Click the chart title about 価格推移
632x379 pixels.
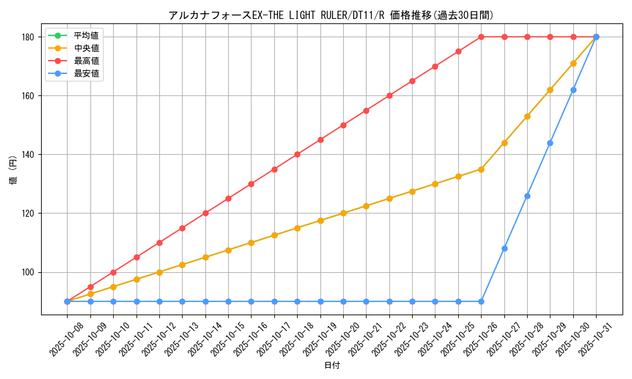tap(331, 15)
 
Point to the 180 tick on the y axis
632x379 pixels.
tap(28, 37)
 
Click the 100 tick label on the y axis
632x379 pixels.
tap(28, 272)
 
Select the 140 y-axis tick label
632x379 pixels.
tap(28, 155)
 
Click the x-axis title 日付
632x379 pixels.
tap(332, 366)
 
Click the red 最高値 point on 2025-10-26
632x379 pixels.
tap(481, 37)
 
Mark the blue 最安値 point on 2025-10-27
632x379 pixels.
tap(504, 248)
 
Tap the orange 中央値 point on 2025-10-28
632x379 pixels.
tap(527, 116)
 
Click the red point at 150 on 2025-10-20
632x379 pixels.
tap(343, 125)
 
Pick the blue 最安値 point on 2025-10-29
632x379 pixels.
tap(550, 143)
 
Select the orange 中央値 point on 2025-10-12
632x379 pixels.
tap(159, 272)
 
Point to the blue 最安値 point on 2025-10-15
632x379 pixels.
tap(228, 301)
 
